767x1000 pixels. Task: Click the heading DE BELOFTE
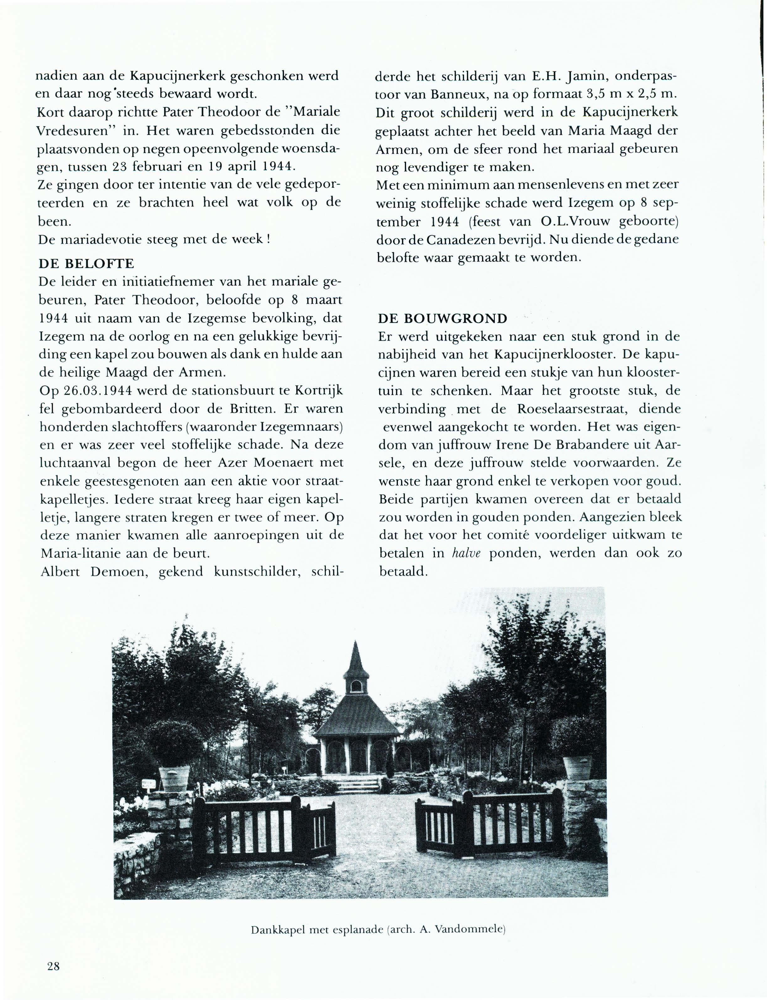pyautogui.click(x=86, y=264)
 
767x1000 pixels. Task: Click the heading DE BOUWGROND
pyautogui.click(x=442, y=318)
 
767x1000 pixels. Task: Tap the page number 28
pyautogui.click(x=53, y=966)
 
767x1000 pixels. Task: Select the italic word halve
pyautogui.click(x=466, y=553)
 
